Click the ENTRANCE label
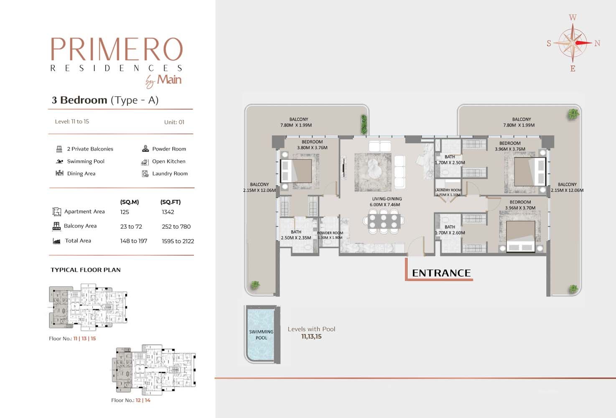441,273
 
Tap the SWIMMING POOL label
261,335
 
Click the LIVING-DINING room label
387,199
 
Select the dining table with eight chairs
384,222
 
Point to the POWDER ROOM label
330,233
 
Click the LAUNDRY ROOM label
448,190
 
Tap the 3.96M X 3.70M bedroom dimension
520,208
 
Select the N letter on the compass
597,43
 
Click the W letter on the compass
573,18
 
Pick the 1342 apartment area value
168,212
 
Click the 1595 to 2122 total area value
178,241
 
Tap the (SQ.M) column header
130,202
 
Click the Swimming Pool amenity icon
59,161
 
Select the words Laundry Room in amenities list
170,173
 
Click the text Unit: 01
174,122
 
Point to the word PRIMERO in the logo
117,49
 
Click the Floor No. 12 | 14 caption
131,400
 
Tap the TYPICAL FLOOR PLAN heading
86,270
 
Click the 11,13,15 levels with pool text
311,336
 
